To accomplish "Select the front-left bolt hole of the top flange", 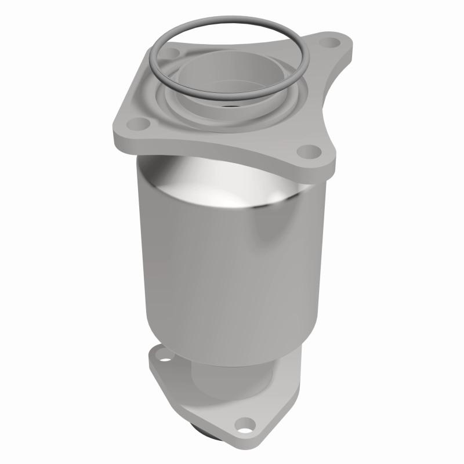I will click(x=139, y=123).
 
